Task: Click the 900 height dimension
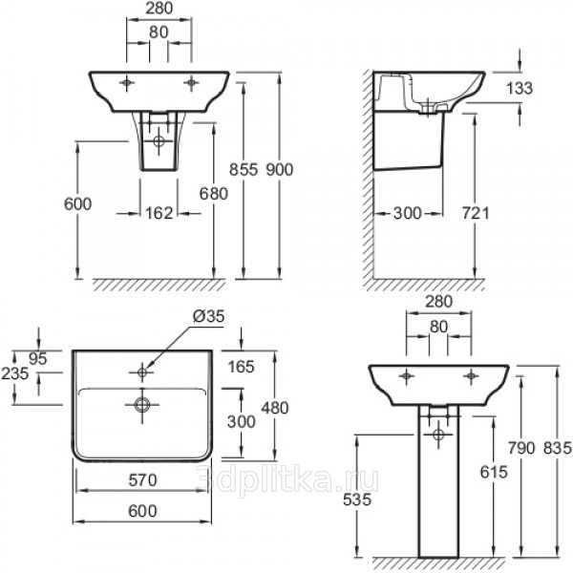[x=280, y=170]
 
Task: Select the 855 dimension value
[x=244, y=170]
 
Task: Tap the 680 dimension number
[x=213, y=193]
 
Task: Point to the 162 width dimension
[x=159, y=213]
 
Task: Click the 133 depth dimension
[x=520, y=88]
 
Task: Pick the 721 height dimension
[x=476, y=213]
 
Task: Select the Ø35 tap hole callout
[x=208, y=316]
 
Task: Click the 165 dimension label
[x=241, y=367]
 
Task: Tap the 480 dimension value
[x=275, y=408]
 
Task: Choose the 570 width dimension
[x=142, y=480]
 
